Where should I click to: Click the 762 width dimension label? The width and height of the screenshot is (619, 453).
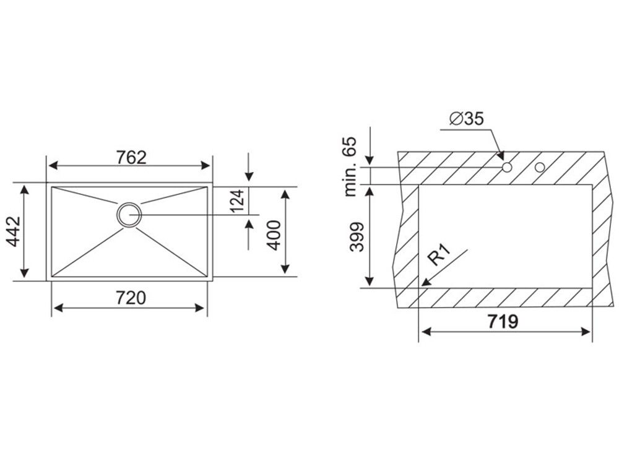pyautogui.click(x=131, y=157)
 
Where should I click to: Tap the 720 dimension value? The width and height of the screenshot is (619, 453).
pyautogui.click(x=130, y=298)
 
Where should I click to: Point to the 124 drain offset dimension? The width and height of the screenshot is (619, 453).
pyautogui.click(x=238, y=201)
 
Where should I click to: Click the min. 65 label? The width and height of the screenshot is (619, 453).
pyautogui.click(x=351, y=167)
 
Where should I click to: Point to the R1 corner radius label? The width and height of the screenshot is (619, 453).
pyautogui.click(x=441, y=254)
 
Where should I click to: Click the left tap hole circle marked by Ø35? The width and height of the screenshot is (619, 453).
pyautogui.click(x=507, y=167)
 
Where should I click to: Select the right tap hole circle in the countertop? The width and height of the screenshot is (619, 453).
pyautogui.click(x=540, y=167)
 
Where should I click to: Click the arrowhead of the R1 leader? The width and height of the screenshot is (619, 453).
pyautogui.click(x=423, y=283)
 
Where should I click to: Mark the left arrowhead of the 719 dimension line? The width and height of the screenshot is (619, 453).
pyautogui.click(x=424, y=332)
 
